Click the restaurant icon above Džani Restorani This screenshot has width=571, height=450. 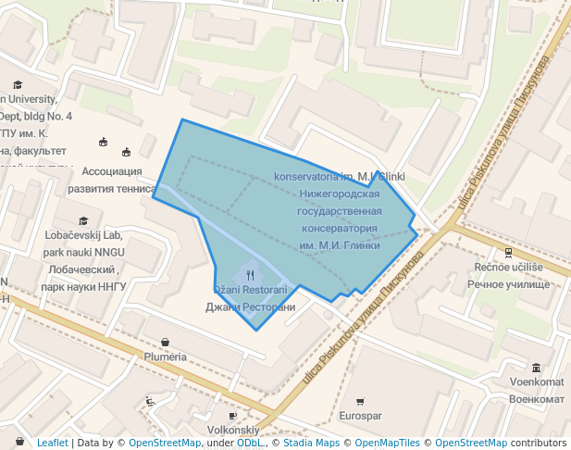pos(250,274)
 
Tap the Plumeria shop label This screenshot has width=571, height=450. pos(165,356)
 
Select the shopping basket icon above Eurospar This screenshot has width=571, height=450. pos(360,401)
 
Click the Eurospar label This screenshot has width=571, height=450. pos(360,417)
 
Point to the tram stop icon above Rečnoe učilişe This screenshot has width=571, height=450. pos(508,252)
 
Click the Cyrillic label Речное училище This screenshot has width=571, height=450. pos(508,284)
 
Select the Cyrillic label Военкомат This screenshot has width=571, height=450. pos(537,398)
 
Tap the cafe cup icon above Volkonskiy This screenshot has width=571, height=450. pos(231,416)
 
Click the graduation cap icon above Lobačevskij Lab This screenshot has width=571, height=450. pos(83,220)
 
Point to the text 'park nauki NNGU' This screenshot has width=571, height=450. pos(83,252)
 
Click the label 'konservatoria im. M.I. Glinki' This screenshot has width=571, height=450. pos(340,176)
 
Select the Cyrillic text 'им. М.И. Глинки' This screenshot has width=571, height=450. pos(340,245)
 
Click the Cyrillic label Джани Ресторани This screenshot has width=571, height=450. pos(250,306)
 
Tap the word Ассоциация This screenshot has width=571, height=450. pos(112,171)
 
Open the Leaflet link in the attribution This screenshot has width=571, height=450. pos(52,443)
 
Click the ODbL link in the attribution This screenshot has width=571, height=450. pos(250,443)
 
